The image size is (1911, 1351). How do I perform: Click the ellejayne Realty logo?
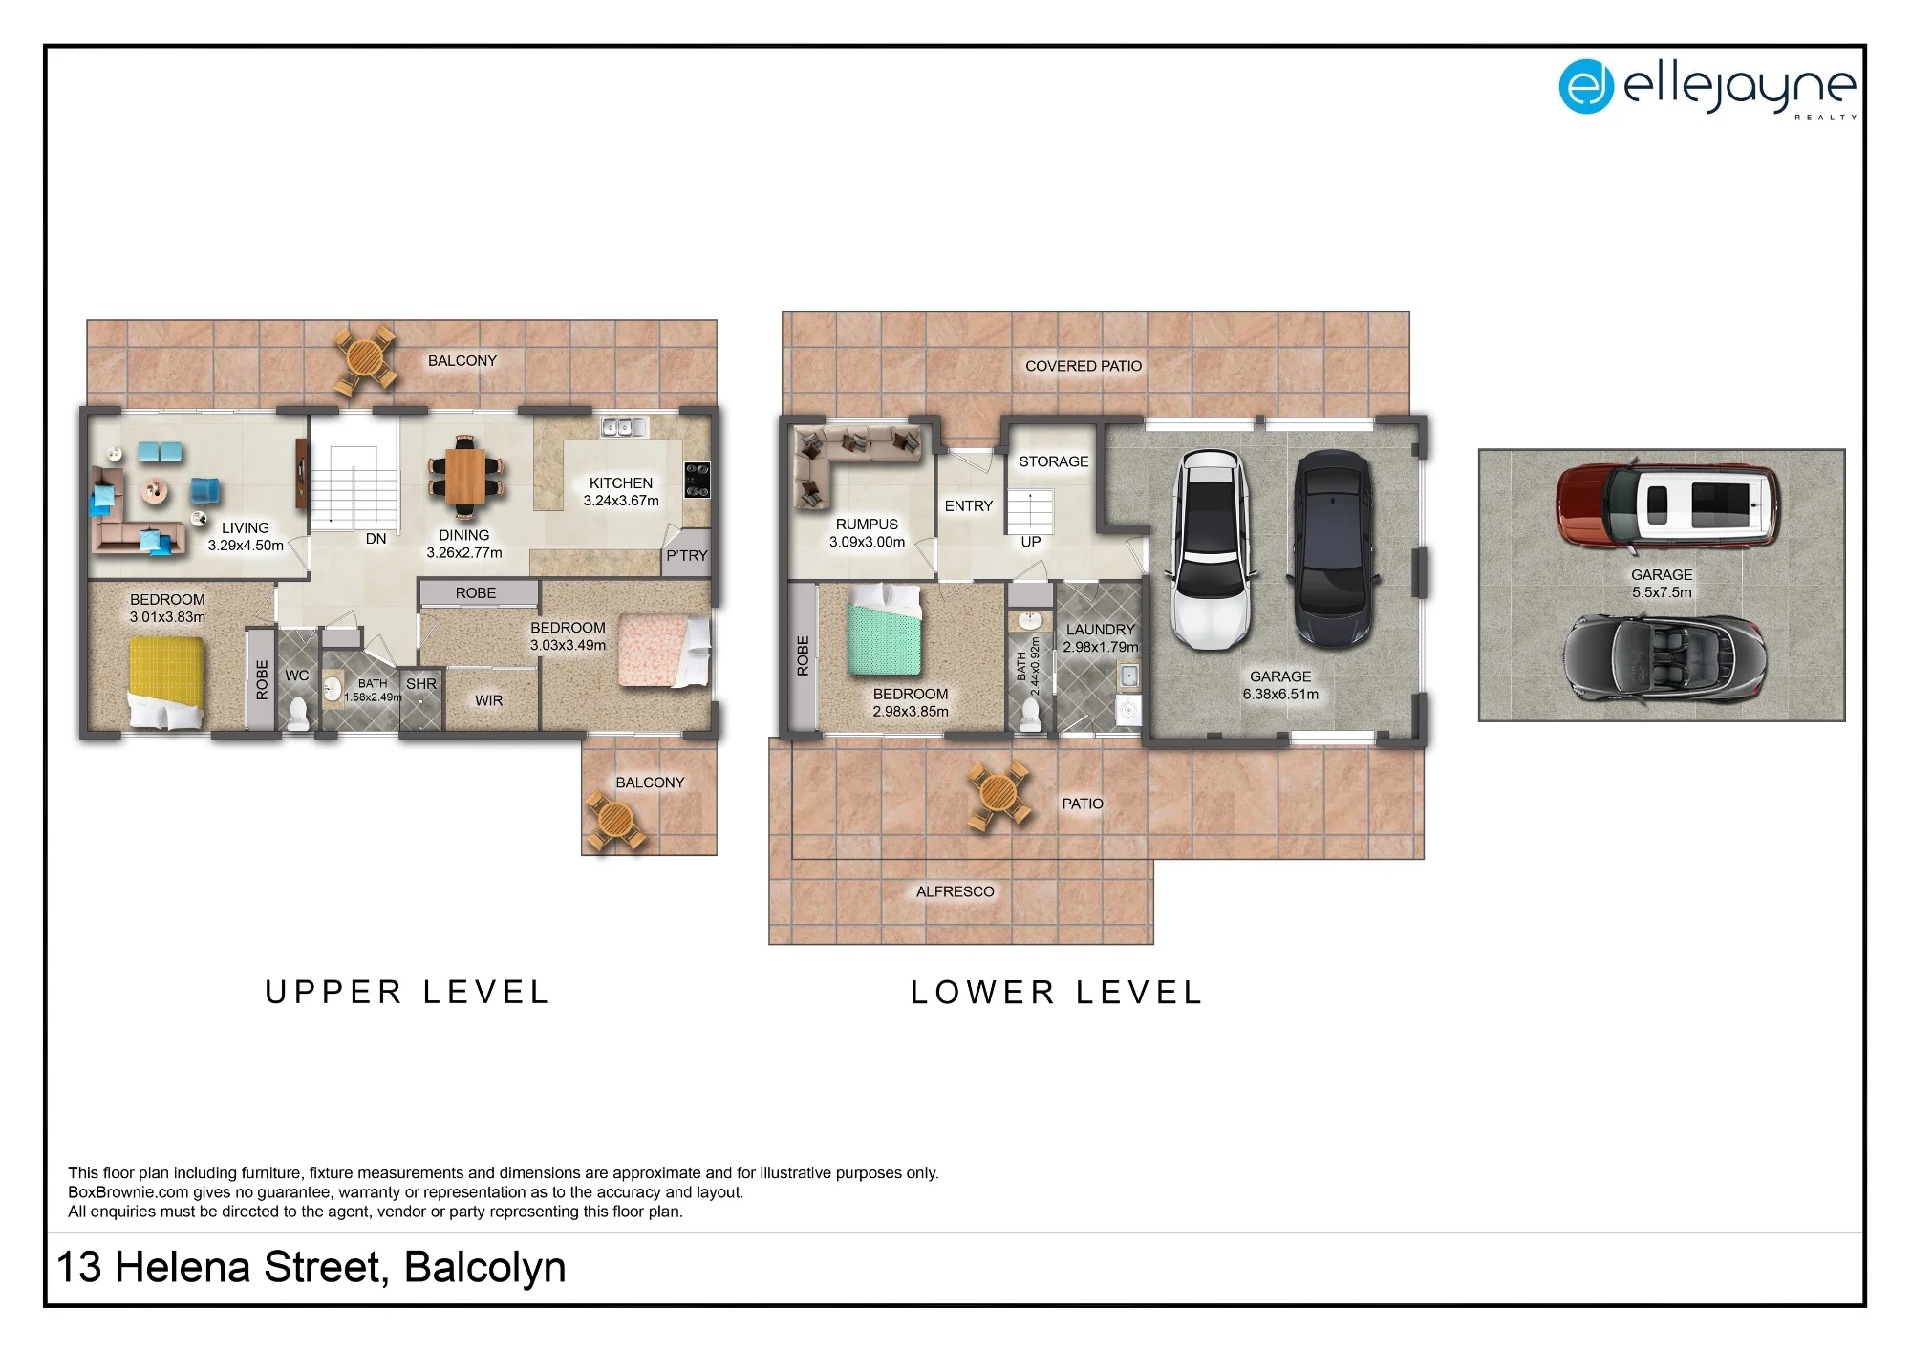pos(1707,88)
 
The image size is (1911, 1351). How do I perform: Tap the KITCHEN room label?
pos(621,483)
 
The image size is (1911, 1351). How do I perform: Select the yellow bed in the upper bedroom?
pos(166,682)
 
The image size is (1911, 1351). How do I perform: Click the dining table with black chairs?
pos(465,475)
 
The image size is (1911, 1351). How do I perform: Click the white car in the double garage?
pos(1210,549)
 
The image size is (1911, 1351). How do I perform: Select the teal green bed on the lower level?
pos(884,631)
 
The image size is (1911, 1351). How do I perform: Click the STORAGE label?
pos(1054,461)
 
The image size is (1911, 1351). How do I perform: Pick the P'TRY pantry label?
pos(687,555)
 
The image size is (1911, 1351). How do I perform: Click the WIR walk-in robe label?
pos(488,700)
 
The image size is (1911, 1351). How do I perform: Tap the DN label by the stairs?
pos(376,539)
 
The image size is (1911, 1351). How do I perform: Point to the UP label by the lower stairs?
pos(1031,542)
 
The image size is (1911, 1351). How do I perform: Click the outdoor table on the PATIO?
pos(999,794)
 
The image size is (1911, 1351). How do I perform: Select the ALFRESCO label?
pos(955,891)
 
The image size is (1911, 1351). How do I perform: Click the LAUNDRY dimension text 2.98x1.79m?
pos(1101,647)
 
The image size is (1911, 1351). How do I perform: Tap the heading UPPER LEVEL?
pos(407,993)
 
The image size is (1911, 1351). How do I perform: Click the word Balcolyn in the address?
pos(485,1268)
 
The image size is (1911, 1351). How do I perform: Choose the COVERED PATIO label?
pos(1084,366)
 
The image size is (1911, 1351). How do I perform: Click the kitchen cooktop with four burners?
pos(698,480)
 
